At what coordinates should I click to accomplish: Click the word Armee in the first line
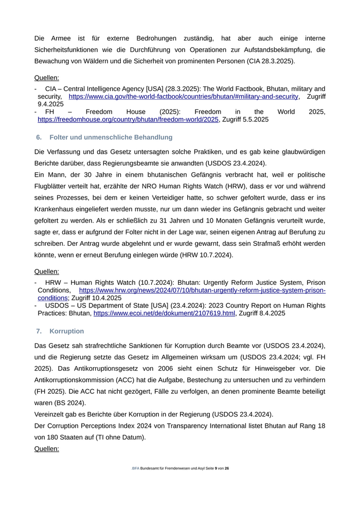click(x=60, y=38)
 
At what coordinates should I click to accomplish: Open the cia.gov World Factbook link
click(x=183, y=97)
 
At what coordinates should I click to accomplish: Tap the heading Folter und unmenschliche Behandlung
click(x=111, y=137)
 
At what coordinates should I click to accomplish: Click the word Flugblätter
click(x=53, y=186)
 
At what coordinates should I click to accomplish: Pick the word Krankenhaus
click(x=56, y=209)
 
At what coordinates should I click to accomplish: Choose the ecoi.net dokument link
click(x=164, y=313)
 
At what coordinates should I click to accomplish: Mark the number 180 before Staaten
click(x=56, y=437)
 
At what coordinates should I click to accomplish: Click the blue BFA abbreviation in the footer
click(x=135, y=468)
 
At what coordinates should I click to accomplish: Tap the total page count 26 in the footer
click(x=227, y=468)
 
